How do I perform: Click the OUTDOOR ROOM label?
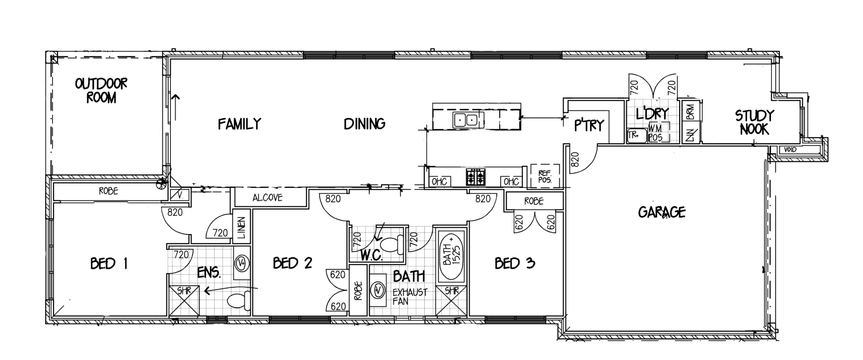click(101, 90)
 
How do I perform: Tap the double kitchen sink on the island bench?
click(465, 120)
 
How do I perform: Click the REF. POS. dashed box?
click(545, 176)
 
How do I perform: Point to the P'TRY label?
click(589, 125)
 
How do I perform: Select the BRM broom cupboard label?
click(690, 111)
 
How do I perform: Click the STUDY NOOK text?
click(754, 122)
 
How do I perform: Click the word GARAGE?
click(662, 212)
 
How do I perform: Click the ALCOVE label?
click(267, 197)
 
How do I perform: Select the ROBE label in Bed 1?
click(108, 191)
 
